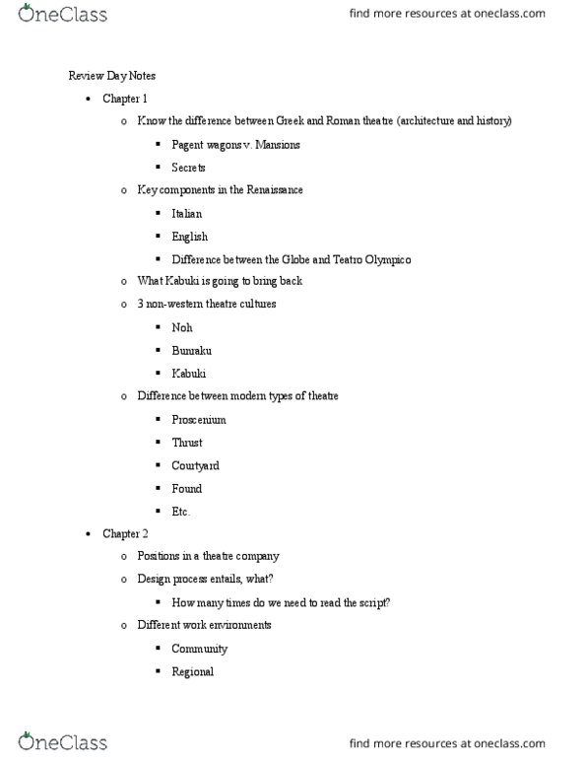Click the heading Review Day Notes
point(111,76)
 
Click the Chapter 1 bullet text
point(125,99)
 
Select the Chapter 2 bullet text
point(125,533)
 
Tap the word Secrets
point(188,168)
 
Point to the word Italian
point(187,213)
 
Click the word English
point(189,237)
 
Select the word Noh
point(182,328)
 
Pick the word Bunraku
point(191,351)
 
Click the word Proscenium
point(198,419)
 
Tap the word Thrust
point(186,443)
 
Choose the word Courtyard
point(196,465)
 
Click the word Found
point(186,488)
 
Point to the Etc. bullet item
point(180,511)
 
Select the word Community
point(199,649)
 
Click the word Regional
point(192,671)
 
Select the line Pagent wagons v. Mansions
point(235,144)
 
